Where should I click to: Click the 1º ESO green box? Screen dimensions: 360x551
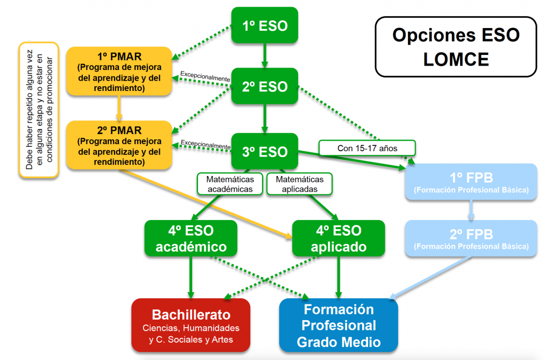(x=265, y=25)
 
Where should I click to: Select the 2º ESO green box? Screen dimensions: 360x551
(x=265, y=86)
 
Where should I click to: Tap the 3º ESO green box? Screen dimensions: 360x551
(x=265, y=151)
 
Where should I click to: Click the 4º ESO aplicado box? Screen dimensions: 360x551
(x=338, y=238)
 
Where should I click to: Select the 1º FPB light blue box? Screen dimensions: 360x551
(x=471, y=182)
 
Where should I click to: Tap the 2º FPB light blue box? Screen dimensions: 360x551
(x=471, y=238)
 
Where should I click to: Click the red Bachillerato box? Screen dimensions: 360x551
(x=191, y=324)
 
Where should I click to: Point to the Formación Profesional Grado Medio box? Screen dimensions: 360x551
(x=338, y=324)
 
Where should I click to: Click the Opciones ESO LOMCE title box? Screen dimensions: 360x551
(x=456, y=46)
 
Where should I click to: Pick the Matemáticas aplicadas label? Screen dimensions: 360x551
(x=300, y=183)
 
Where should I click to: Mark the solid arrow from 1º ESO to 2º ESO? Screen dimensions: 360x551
(x=265, y=55)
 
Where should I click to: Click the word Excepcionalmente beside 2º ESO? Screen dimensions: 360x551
(x=205, y=76)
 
